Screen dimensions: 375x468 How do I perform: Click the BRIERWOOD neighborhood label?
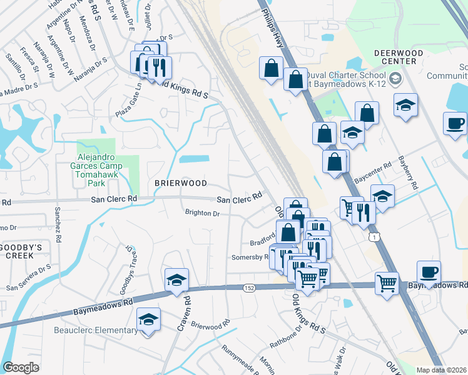point(180,183)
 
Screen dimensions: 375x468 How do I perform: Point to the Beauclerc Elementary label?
point(96,331)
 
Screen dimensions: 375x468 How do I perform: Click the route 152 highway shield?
point(248,287)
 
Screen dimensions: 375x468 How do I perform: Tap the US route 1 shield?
point(374,237)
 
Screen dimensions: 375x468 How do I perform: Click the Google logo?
point(21,367)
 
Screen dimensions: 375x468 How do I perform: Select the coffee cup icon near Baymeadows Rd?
point(429,273)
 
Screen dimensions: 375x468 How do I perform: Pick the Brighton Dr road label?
point(202,214)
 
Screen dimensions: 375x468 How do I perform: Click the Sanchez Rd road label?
point(58,224)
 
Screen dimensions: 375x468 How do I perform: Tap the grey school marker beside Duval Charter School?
point(395,79)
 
